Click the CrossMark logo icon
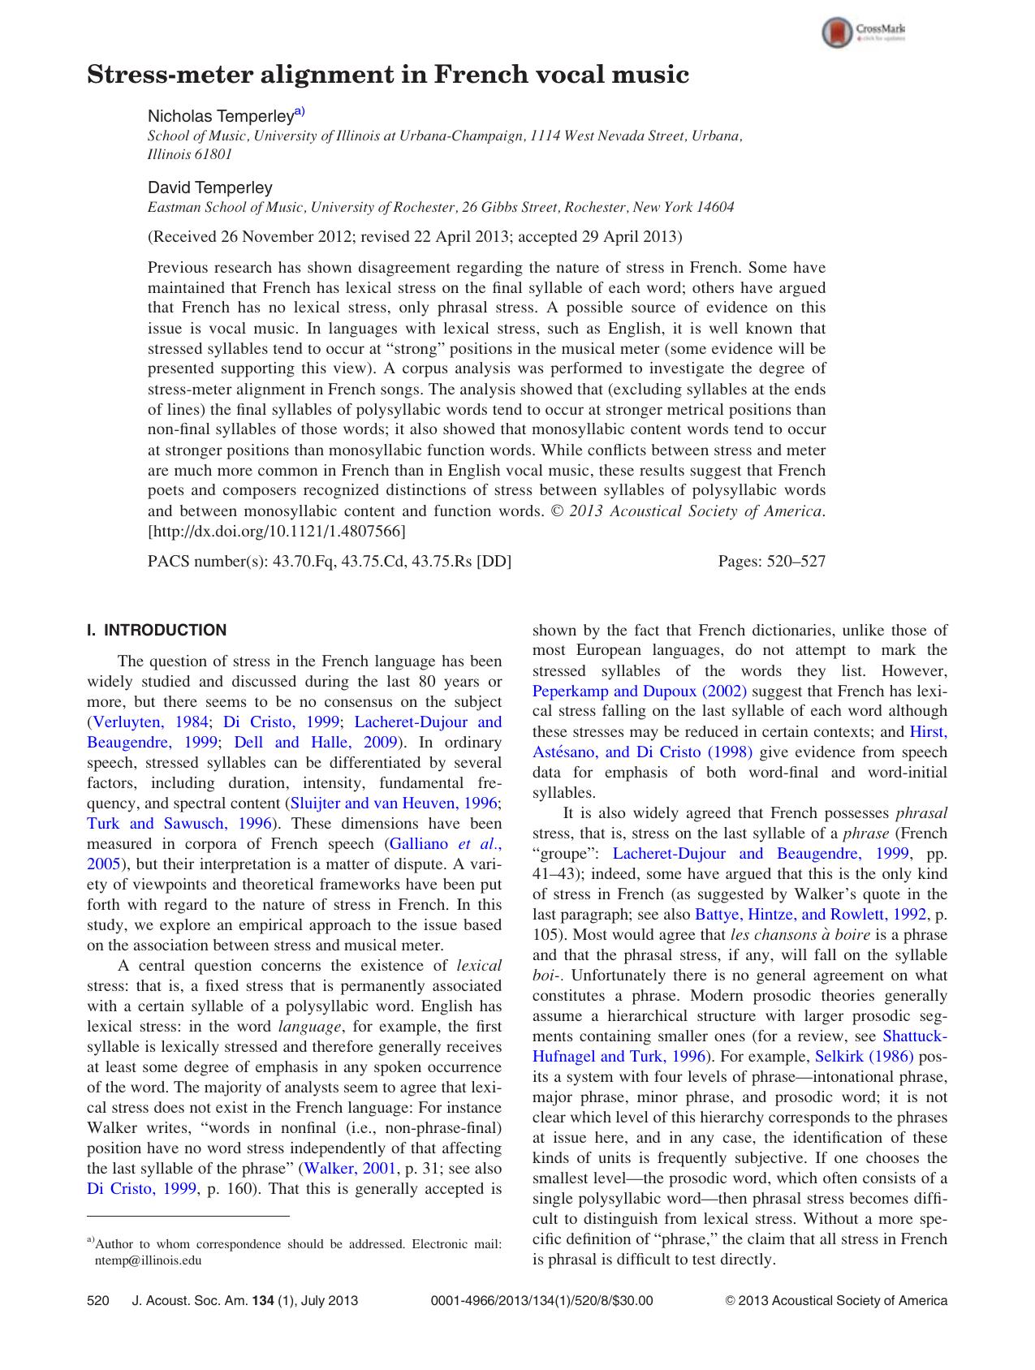[x=836, y=33]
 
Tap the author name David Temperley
[x=209, y=187]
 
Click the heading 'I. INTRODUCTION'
[x=157, y=631]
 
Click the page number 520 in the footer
[x=97, y=1301]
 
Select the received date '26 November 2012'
[x=287, y=237]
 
